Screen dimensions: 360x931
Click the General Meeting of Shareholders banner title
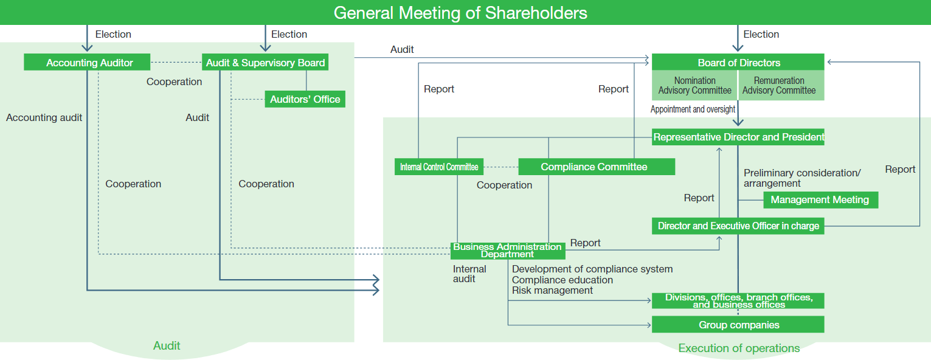[x=460, y=13]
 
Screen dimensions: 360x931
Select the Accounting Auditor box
[x=89, y=63]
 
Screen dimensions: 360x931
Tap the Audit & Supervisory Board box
[x=265, y=63]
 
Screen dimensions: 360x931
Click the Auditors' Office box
[x=305, y=99]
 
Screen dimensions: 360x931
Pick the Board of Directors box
[x=738, y=63]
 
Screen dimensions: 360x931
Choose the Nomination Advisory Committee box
[x=694, y=85]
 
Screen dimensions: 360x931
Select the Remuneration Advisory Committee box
[x=779, y=85]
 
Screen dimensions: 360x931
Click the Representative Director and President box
[x=738, y=137]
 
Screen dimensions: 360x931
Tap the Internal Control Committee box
[x=439, y=167]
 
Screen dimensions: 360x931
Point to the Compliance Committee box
[x=596, y=167]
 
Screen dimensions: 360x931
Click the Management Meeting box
[x=820, y=199]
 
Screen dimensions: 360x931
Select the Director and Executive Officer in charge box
[x=738, y=226]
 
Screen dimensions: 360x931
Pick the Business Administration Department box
[x=507, y=250]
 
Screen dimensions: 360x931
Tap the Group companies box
[x=738, y=325]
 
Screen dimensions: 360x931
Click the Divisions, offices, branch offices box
[x=738, y=300]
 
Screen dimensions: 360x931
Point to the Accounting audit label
[x=44, y=117]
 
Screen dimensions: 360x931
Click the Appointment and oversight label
[x=693, y=109]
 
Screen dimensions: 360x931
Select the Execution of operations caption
[x=738, y=348]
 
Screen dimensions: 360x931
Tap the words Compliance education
[x=562, y=280]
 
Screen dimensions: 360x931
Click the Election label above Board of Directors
[x=761, y=35]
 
